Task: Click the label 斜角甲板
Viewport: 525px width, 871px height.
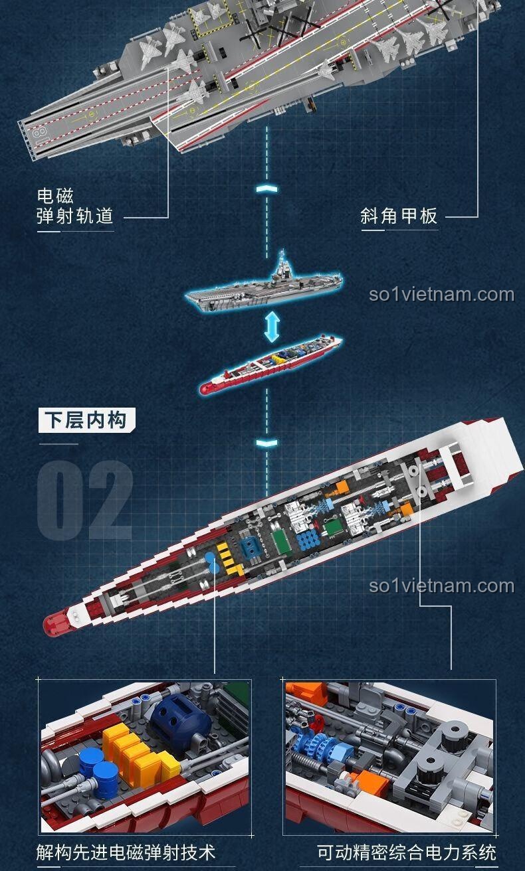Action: pyautogui.click(x=399, y=216)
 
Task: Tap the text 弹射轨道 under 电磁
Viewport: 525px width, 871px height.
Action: pyautogui.click(x=75, y=216)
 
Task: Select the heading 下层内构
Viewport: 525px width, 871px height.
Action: pyautogui.click(x=86, y=420)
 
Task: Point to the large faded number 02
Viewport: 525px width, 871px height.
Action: pyautogui.click(x=85, y=500)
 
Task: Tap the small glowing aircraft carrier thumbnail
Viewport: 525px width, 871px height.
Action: pyautogui.click(x=264, y=285)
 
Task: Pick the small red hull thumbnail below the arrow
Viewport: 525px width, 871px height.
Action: pyautogui.click(x=270, y=364)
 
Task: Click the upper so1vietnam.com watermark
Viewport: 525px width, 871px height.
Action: pyautogui.click(x=442, y=295)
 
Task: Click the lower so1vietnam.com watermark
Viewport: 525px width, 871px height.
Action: pyautogui.click(x=442, y=586)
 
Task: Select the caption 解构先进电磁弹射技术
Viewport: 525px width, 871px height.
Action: pyautogui.click(x=126, y=852)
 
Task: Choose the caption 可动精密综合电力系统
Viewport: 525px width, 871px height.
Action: pyautogui.click(x=406, y=852)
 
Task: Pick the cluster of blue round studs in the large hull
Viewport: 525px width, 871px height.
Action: pyautogui.click(x=308, y=539)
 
